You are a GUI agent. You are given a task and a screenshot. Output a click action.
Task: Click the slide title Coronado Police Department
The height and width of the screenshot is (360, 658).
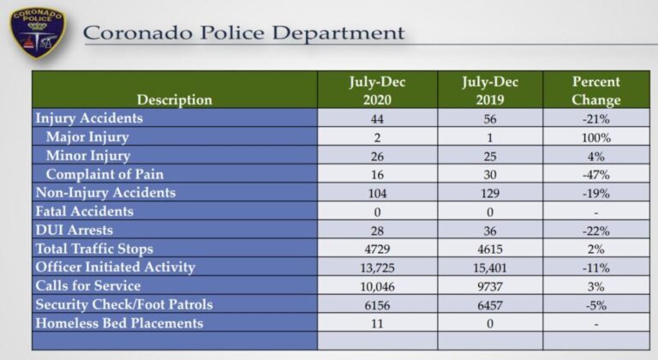pyautogui.click(x=243, y=33)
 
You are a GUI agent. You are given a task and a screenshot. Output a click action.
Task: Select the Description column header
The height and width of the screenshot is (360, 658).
pyautogui.click(x=174, y=99)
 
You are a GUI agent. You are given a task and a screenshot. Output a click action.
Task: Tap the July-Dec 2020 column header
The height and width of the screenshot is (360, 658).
pyautogui.click(x=377, y=91)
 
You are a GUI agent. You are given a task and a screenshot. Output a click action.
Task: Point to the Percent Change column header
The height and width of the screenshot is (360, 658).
pyautogui.click(x=596, y=91)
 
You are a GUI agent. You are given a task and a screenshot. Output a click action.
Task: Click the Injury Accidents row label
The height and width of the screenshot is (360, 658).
pyautogui.click(x=88, y=118)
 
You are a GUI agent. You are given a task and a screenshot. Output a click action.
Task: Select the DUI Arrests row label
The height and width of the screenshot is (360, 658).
pyautogui.click(x=74, y=230)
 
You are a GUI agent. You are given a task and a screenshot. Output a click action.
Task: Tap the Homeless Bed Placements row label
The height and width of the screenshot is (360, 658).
pyautogui.click(x=119, y=323)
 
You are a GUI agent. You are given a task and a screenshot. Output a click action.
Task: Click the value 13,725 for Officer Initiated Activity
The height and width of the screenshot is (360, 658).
pyautogui.click(x=377, y=267)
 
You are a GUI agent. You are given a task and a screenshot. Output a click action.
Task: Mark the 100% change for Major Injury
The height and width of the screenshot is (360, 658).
pyautogui.click(x=596, y=137)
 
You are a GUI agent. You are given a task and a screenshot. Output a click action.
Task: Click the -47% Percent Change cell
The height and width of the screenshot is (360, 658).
pyautogui.click(x=596, y=175)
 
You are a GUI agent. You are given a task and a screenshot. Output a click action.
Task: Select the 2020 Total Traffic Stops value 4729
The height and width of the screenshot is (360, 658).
pyautogui.click(x=377, y=249)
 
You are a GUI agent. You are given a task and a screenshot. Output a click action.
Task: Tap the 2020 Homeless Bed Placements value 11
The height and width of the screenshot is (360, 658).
pyautogui.click(x=377, y=324)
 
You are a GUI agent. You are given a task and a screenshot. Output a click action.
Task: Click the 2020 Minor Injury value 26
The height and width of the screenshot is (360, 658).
pyautogui.click(x=377, y=156)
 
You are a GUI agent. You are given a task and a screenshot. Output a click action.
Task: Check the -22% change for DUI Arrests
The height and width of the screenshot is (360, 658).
pyautogui.click(x=596, y=231)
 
